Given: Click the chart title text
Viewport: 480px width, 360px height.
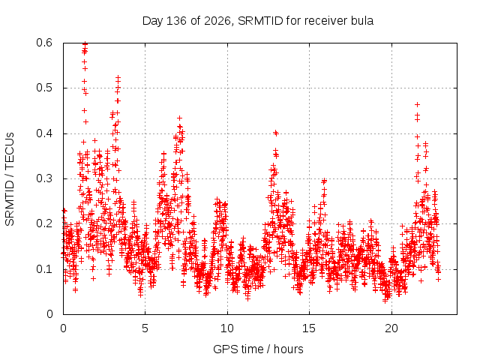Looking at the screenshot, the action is tap(258, 21).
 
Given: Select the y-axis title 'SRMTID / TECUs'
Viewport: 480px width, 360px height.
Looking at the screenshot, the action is tap(10, 179).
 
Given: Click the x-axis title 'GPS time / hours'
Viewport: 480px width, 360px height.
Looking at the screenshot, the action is tap(258, 349).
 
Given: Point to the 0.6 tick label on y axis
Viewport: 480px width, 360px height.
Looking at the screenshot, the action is tap(44, 43).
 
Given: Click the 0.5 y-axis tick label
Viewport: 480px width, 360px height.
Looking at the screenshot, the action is tap(44, 88).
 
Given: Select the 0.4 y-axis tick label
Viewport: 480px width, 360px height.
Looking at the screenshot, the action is tap(44, 133).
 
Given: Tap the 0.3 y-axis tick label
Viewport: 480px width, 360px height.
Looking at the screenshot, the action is tap(44, 178).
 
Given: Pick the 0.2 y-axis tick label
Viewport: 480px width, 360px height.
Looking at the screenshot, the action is tap(44, 223).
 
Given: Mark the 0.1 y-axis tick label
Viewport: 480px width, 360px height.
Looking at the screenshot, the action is tap(44, 269).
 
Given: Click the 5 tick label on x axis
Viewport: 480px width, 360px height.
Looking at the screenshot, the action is tap(145, 328).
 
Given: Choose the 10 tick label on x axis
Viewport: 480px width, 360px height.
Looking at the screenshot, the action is tap(227, 328).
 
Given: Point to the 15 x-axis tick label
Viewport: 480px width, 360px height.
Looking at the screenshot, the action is tap(309, 328).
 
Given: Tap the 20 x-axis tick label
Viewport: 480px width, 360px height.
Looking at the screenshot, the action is tap(391, 328).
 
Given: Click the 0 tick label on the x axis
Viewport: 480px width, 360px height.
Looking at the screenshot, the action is tap(63, 328).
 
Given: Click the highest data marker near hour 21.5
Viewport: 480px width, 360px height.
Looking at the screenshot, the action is tap(417, 105).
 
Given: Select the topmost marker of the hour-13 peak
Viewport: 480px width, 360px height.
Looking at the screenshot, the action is tap(276, 133).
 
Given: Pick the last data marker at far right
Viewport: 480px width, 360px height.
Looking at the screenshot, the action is tap(438, 279).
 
